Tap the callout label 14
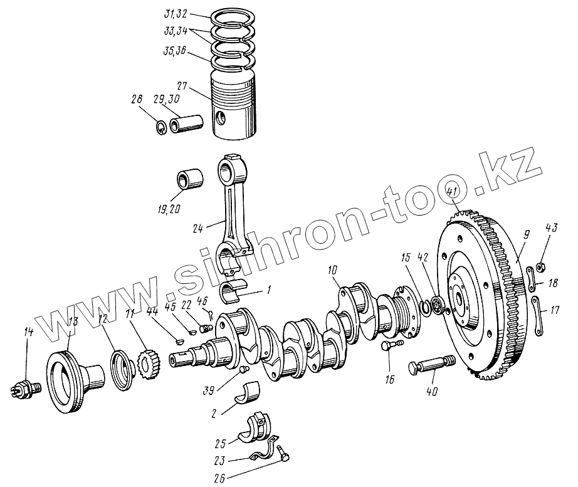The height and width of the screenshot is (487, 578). (28, 332)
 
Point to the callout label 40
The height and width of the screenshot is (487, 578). (432, 392)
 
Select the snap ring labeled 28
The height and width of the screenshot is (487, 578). (161, 128)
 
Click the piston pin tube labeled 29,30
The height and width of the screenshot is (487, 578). (187, 124)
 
